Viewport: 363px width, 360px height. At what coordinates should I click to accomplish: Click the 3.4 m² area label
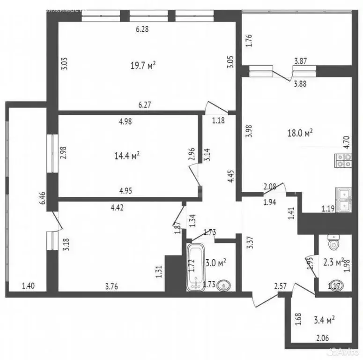click(323, 320)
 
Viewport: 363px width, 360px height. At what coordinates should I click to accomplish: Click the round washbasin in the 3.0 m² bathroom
click(224, 285)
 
